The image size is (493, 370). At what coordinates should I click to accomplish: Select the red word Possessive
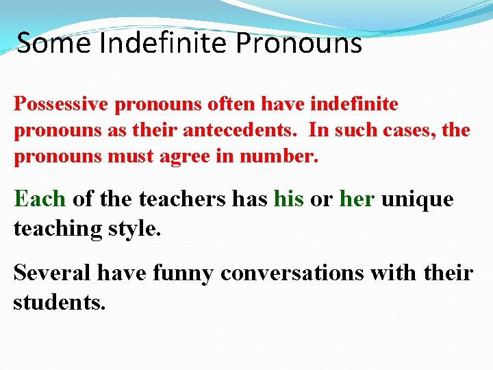(62, 105)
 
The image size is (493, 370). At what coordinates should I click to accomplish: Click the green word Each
(40, 199)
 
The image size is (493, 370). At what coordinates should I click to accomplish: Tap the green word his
(288, 199)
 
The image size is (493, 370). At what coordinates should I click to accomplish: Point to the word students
(60, 301)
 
